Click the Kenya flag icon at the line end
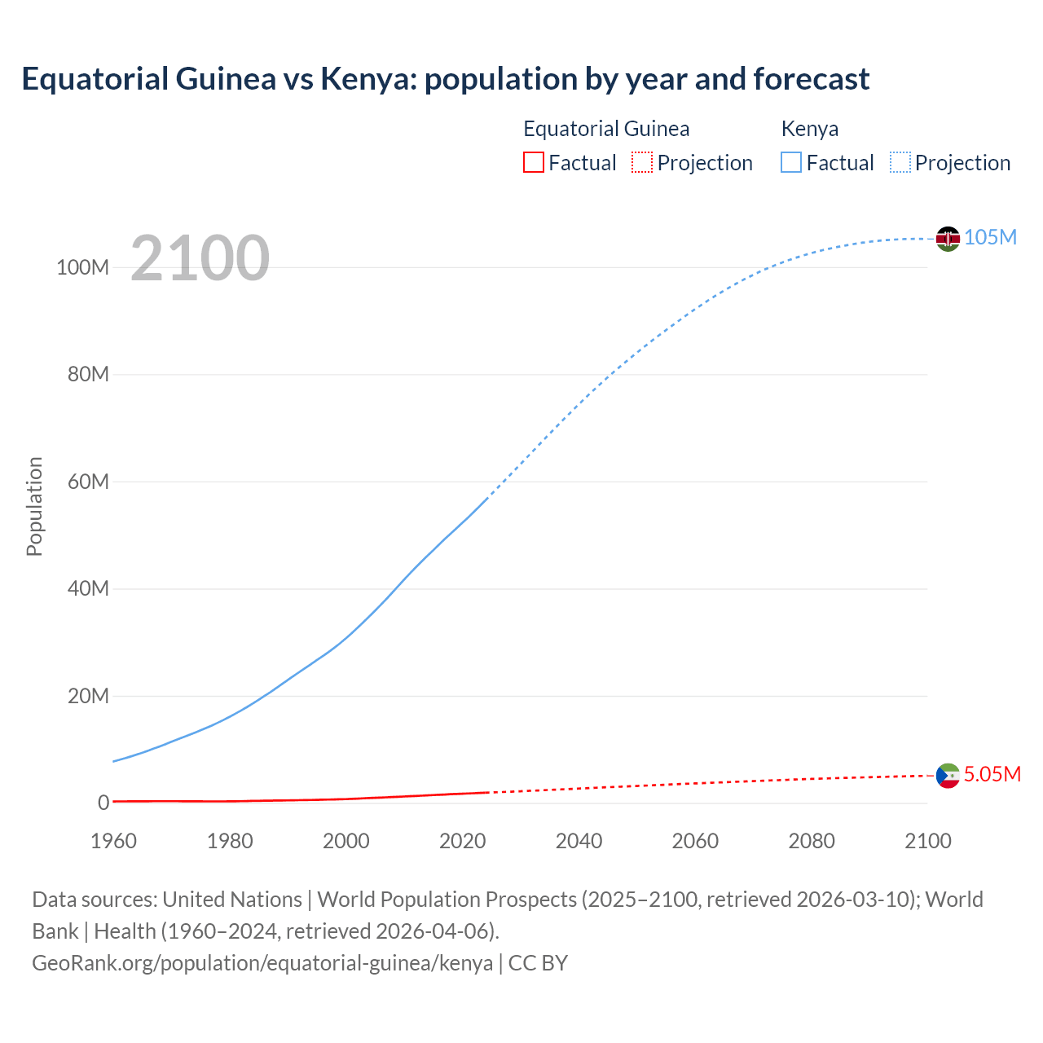tap(948, 238)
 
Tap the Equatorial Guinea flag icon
tap(948, 776)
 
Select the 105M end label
tap(990, 237)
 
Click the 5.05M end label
tap(992, 774)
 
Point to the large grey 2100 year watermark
tap(200, 258)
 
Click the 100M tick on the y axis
tap(82, 267)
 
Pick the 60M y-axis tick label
tap(87, 482)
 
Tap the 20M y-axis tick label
tap(87, 696)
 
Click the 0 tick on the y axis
tap(103, 803)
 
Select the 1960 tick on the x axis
tap(113, 841)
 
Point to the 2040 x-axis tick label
tap(579, 841)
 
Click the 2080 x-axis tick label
tap(812, 841)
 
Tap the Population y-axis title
tap(34, 506)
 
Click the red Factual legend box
tap(533, 162)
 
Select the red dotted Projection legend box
tap(642, 162)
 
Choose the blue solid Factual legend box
tap(790, 162)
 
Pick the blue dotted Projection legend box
tap(900, 162)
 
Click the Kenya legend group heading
tap(809, 129)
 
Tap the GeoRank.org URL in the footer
tap(262, 963)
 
